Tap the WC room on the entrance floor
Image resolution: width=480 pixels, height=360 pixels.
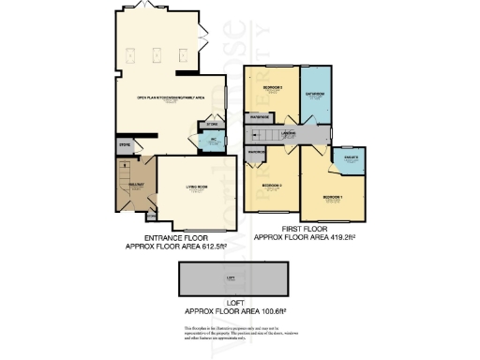pyautogui.click(x=212, y=142)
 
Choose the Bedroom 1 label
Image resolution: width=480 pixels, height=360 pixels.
pyautogui.click(x=334, y=198)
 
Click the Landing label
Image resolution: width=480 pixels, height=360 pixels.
pyautogui.click(x=289, y=135)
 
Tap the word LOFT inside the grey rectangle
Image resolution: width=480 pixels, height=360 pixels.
pyautogui.click(x=231, y=278)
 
